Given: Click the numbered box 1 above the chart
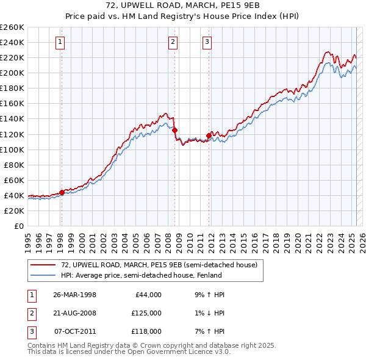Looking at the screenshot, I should pyautogui.click(x=61, y=42).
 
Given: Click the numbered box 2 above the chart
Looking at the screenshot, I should pyautogui.click(x=173, y=42).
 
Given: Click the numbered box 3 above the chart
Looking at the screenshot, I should pyautogui.click(x=207, y=42).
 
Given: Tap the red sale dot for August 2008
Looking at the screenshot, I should pyautogui.click(x=175, y=130).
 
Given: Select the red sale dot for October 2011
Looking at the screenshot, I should pyautogui.click(x=209, y=135).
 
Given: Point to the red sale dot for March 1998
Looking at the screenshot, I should pyautogui.click(x=62, y=192).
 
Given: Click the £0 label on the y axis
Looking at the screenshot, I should pyautogui.click(x=20, y=226).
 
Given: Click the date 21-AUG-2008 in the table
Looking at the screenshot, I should pyautogui.click(x=74, y=313).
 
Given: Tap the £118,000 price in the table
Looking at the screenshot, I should pyautogui.click(x=146, y=331).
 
